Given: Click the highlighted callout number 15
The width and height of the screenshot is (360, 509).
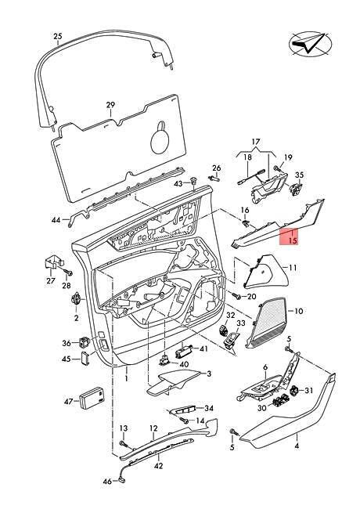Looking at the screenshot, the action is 293,241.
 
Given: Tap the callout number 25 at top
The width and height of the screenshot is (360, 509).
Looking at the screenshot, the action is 57,36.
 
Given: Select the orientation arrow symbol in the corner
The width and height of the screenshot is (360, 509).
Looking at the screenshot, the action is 311,44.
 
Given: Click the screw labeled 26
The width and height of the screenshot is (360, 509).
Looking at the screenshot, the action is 214,179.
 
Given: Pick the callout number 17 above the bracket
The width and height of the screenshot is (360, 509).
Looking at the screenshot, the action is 256,142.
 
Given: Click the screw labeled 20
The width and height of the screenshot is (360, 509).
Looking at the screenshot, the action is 236,295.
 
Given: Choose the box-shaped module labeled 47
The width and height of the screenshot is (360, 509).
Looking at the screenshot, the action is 92,397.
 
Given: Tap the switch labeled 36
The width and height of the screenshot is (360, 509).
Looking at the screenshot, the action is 84,342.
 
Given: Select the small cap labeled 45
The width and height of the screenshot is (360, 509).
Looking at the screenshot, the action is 86,359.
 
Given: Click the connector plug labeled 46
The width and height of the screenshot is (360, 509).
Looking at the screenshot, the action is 122,479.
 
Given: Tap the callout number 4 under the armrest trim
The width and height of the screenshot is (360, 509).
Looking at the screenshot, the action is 297,446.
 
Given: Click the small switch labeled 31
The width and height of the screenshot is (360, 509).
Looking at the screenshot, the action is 295,391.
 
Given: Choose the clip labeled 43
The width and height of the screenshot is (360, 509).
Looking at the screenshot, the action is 193,180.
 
